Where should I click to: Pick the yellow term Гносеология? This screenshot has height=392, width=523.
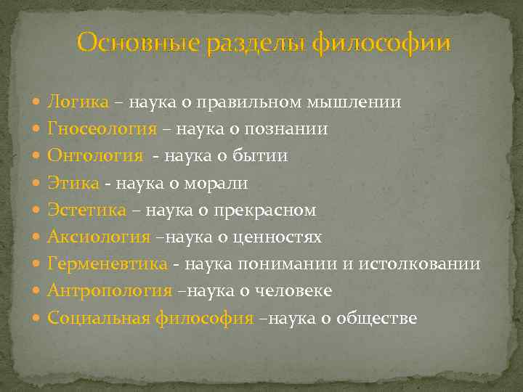tap(102, 129)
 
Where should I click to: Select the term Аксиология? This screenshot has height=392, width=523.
tap(99, 237)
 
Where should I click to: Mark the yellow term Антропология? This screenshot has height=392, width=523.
tap(110, 290)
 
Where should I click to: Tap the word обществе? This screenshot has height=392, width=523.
tap(377, 317)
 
